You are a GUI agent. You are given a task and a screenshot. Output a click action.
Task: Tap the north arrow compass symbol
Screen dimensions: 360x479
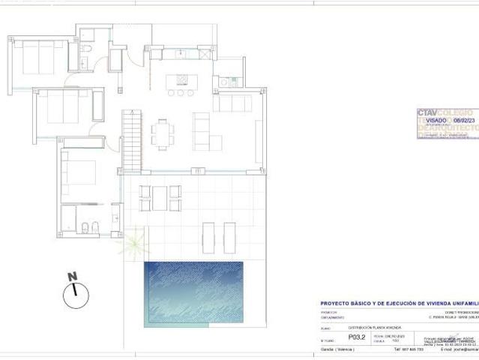click(73, 292)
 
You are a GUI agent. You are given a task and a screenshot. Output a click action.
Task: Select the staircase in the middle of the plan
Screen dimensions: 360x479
click(131, 139)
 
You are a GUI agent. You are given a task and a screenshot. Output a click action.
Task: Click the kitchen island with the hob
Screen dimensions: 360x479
click(182, 79)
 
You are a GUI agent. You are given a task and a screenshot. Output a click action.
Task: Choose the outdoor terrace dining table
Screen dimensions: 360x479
click(160, 198)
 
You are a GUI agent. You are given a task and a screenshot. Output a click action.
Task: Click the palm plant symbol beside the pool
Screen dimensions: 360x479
click(133, 242)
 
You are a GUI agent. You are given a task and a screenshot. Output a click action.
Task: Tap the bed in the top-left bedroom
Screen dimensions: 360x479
click(37, 58)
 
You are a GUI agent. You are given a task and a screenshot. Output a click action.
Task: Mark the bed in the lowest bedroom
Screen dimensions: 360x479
click(81, 172)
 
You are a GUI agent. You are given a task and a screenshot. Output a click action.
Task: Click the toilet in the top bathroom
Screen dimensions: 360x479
click(88, 49)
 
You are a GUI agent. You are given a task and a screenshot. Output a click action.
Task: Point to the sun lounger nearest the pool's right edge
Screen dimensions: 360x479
click(229, 237)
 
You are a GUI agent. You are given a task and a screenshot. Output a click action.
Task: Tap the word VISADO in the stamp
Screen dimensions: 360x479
click(436, 120)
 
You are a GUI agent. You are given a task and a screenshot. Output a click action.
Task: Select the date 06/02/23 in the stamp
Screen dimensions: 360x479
click(464, 120)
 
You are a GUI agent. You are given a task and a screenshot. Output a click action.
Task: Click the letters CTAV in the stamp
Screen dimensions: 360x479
click(428, 112)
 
